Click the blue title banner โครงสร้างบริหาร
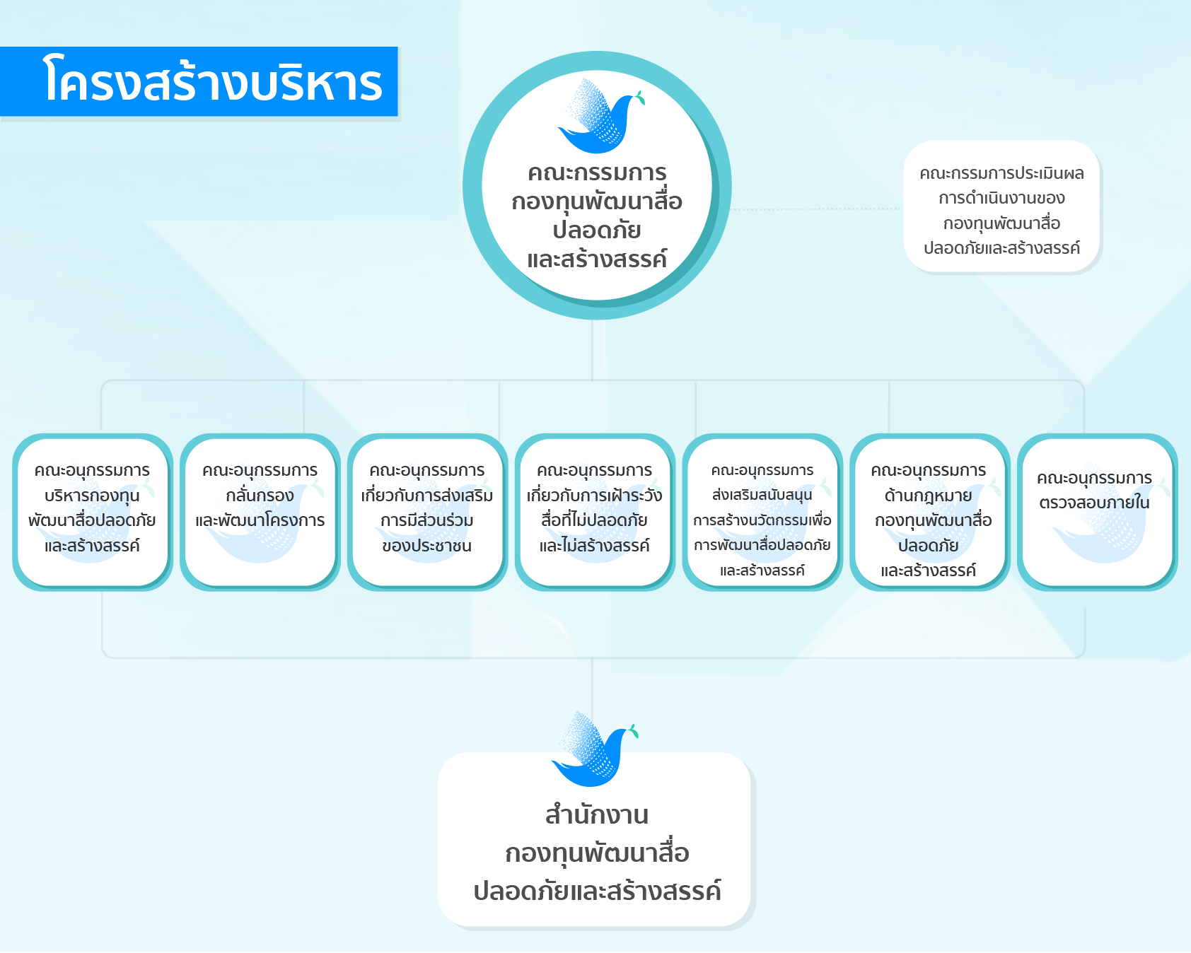click(199, 81)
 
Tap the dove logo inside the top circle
click(601, 116)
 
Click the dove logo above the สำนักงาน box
click(595, 749)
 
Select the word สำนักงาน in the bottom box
click(597, 815)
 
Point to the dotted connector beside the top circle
click(816, 209)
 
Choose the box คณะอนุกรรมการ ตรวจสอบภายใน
click(1096, 512)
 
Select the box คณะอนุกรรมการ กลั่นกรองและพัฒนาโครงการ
click(260, 512)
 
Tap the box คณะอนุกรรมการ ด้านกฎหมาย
click(929, 512)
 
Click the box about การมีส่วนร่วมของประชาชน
click(427, 512)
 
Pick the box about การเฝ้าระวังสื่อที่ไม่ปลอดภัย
click(595, 512)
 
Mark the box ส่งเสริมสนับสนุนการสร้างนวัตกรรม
click(762, 512)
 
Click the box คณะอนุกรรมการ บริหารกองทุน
click(93, 512)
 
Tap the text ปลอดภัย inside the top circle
click(597, 230)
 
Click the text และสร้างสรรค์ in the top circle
click(597, 259)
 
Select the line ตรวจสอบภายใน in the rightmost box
click(1094, 503)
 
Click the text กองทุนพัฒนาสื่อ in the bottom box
click(597, 853)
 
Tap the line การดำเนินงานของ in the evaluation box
click(1001, 198)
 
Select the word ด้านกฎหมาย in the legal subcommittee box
click(929, 496)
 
